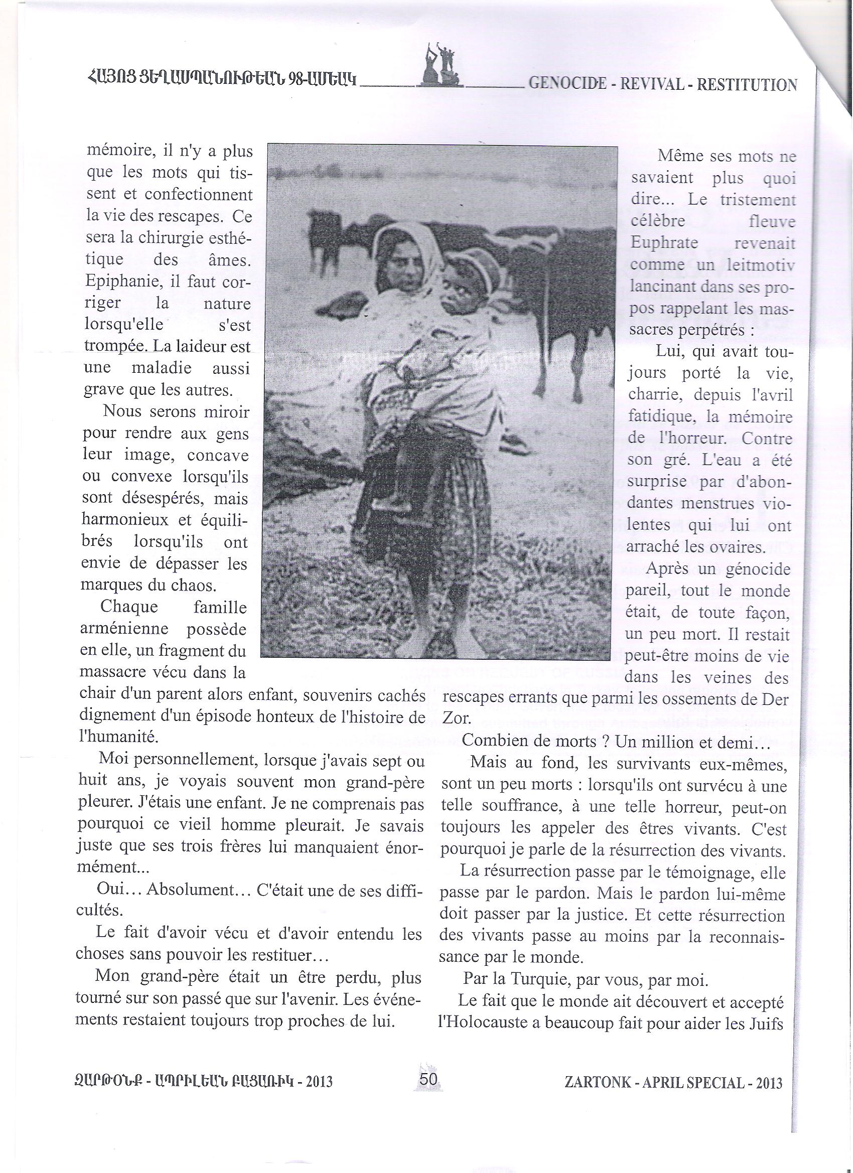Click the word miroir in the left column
[x=226, y=412]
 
